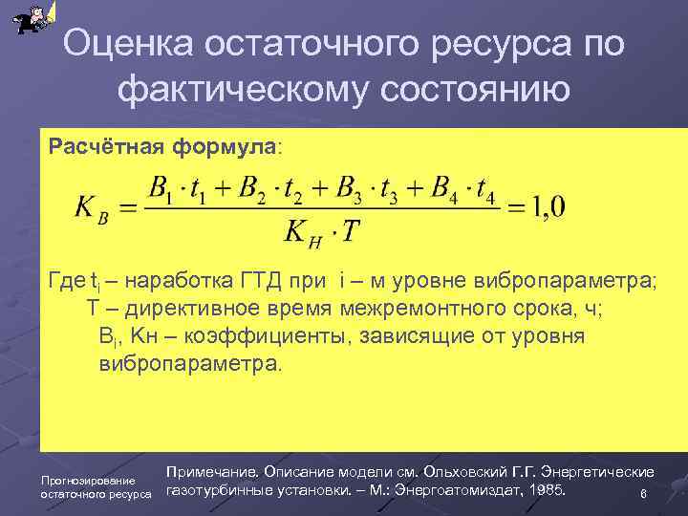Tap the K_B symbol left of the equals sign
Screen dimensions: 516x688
[96, 208]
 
